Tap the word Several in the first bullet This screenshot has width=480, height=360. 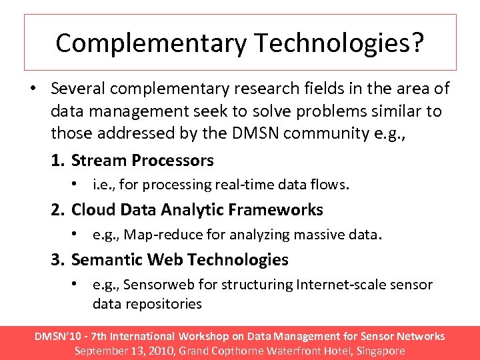click(x=79, y=89)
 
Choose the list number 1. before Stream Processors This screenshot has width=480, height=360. click(x=59, y=161)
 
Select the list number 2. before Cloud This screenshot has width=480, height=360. click(x=59, y=210)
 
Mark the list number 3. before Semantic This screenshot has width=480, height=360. click(x=59, y=259)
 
